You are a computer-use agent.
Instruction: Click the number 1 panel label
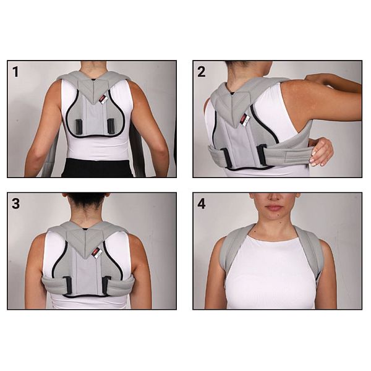(x=15, y=72)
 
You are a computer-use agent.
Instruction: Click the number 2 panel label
(x=202, y=72)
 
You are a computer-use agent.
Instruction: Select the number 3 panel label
(x=15, y=203)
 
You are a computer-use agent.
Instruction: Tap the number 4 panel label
(x=202, y=203)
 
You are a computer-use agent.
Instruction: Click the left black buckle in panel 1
(x=79, y=126)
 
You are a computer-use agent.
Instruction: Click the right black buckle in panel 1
(x=111, y=125)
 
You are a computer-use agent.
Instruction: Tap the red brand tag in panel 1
(x=102, y=99)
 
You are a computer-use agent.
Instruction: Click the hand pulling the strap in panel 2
(x=322, y=151)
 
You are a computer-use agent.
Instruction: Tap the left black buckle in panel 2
(x=226, y=158)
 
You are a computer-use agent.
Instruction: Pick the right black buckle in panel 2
(x=262, y=155)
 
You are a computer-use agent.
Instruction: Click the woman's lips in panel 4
(x=274, y=208)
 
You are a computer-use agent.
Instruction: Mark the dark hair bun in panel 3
(x=85, y=199)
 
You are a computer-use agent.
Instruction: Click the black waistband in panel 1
(x=98, y=168)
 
